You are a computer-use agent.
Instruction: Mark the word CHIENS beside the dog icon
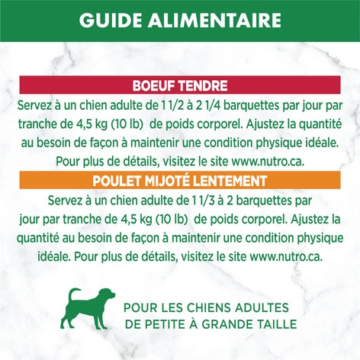coord(198,308)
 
